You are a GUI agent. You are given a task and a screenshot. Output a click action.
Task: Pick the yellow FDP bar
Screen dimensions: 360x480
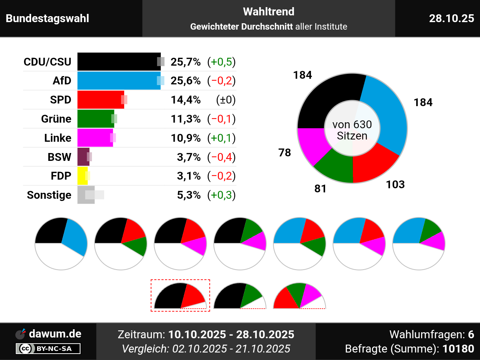82,176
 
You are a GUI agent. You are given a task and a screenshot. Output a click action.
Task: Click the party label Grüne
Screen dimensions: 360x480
56,119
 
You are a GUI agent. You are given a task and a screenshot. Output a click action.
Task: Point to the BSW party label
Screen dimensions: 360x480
59,157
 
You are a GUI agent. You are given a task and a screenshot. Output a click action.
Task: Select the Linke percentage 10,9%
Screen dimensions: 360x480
186,138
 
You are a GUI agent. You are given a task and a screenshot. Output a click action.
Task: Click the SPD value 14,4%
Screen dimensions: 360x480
186,100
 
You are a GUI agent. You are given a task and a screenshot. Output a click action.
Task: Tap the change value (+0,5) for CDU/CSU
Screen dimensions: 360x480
222,62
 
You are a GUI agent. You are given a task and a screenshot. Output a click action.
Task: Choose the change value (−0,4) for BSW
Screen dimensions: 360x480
222,157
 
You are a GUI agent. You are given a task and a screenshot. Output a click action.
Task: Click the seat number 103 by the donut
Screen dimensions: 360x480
395,184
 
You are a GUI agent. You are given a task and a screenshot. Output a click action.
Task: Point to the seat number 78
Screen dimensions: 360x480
285,153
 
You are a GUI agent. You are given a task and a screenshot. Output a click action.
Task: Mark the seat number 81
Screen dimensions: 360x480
320,189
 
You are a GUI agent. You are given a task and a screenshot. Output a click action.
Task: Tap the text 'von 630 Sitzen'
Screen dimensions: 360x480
352,130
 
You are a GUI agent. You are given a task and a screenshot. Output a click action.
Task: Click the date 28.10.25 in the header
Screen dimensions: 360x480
451,18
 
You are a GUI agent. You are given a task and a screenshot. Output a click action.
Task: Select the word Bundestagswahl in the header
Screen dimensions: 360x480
48,18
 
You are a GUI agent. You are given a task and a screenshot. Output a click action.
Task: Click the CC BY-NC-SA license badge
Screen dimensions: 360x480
48,349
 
